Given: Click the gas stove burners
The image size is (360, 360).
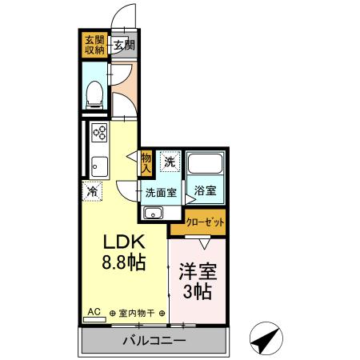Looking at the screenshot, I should [100, 133].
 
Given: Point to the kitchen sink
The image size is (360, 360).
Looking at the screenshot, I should [100, 166].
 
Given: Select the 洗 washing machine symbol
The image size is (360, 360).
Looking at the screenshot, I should [170, 162].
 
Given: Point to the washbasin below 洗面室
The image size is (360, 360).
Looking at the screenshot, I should [153, 213].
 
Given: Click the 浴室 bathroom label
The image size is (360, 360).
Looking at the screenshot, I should [205, 191].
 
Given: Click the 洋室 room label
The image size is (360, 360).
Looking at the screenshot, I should [198, 272].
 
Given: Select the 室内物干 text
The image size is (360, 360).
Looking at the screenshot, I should [138, 313].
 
